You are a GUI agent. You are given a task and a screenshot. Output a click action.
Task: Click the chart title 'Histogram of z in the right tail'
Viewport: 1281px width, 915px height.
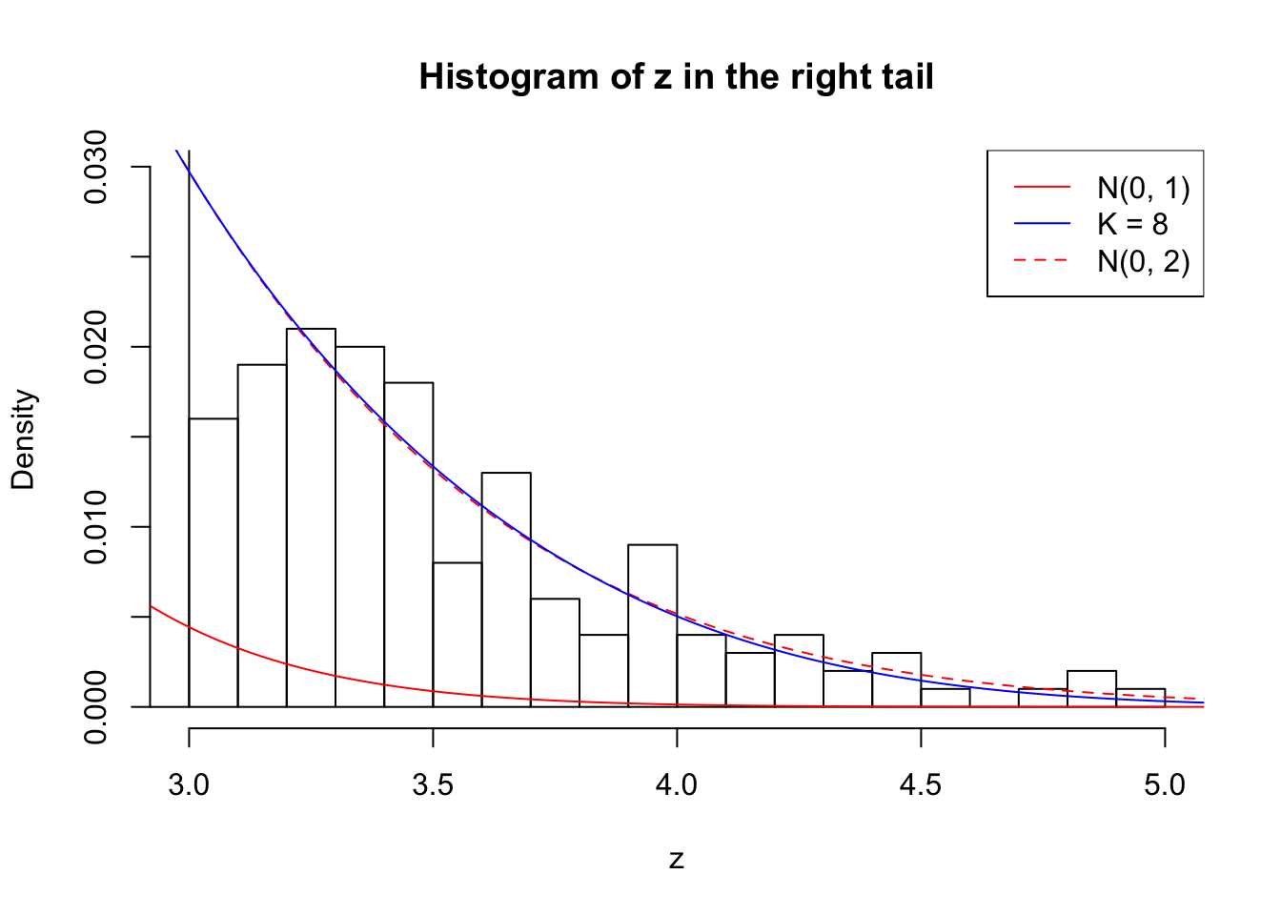[x=676, y=76]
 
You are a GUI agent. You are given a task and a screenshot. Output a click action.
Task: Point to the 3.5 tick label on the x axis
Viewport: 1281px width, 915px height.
[x=433, y=785]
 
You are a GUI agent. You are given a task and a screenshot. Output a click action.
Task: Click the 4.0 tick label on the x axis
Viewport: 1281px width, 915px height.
[x=677, y=785]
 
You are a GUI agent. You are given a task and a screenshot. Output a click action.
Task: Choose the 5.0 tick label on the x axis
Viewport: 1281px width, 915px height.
[x=1165, y=785]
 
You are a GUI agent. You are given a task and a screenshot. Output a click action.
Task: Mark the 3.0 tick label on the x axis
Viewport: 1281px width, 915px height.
[x=189, y=785]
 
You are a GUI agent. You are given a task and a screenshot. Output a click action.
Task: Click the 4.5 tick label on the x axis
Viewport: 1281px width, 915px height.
[x=921, y=785]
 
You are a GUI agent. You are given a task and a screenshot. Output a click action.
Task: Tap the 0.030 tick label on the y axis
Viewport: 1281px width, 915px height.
[x=95, y=167]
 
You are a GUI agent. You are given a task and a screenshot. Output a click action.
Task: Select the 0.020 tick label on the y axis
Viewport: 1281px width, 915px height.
[x=95, y=347]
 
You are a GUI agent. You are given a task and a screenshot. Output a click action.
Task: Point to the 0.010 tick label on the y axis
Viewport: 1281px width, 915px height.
[x=95, y=527]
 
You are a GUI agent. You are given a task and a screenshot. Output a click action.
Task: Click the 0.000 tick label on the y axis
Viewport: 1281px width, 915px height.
[x=95, y=707]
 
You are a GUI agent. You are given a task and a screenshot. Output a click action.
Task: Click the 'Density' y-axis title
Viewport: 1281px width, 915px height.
[x=23, y=438]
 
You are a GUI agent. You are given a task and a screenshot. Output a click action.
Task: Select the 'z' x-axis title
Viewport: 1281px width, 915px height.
[x=677, y=860]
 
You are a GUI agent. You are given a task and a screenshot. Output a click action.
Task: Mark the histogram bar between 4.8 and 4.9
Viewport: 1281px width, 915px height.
[x=1091, y=689]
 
